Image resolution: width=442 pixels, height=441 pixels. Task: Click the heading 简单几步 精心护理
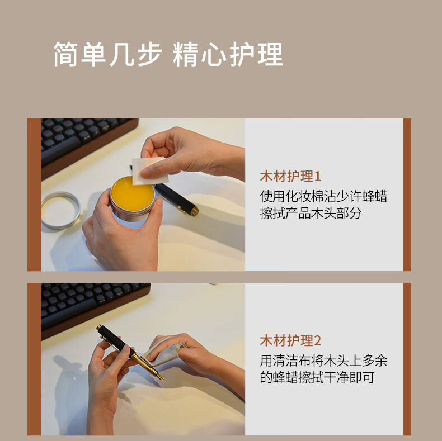click(x=168, y=54)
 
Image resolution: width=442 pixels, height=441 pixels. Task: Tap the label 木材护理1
click(x=290, y=177)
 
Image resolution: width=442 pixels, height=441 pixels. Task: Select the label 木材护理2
click(x=290, y=341)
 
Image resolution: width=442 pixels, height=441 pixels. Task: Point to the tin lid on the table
click(x=60, y=210)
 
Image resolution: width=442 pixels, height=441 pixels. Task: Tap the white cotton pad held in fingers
click(x=149, y=171)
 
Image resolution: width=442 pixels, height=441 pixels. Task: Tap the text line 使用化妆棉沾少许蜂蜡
click(x=323, y=196)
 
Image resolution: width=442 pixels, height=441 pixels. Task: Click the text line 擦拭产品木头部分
click(x=311, y=213)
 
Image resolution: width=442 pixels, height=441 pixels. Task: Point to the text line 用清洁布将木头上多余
click(x=323, y=361)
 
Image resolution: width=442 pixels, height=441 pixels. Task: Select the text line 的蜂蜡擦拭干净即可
click(x=317, y=378)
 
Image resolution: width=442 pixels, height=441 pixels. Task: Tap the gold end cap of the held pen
click(x=98, y=328)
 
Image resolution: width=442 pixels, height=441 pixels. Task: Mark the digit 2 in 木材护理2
click(x=317, y=341)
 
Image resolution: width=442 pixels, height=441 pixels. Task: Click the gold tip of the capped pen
click(x=195, y=211)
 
